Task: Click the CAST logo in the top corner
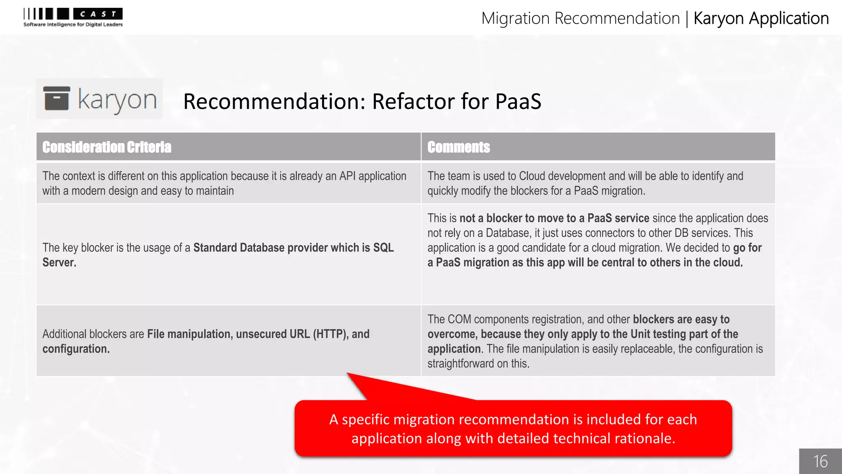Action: pos(73,17)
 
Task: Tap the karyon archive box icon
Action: pos(57,98)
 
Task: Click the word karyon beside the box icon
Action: pos(117,100)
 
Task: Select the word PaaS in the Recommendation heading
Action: pos(518,101)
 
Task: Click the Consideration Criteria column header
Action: pos(106,147)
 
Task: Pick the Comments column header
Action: pos(458,147)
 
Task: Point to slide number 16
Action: pos(820,461)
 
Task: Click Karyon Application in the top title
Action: pos(761,19)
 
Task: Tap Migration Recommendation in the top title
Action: pos(580,19)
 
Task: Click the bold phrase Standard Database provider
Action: pos(260,248)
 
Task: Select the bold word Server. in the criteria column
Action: pos(59,263)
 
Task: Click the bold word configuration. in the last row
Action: pos(76,349)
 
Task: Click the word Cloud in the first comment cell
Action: pos(532,176)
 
